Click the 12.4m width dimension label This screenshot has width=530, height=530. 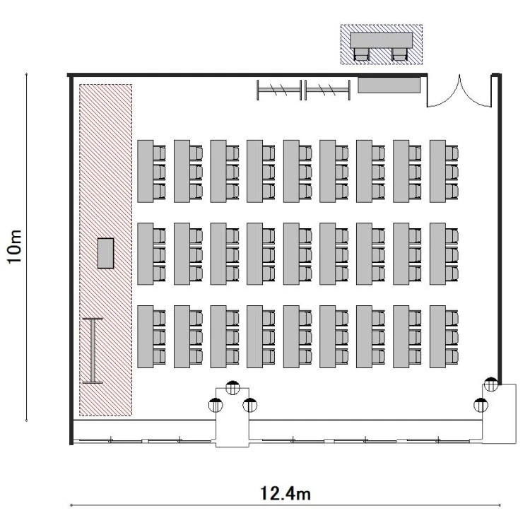point(285,493)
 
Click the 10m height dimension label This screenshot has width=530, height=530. point(15,247)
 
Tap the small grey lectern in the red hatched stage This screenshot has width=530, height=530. point(105,253)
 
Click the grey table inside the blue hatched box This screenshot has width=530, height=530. point(382,40)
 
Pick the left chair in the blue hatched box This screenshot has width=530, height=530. point(361,54)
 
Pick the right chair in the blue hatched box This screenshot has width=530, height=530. point(399,54)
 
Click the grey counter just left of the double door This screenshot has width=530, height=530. point(389,86)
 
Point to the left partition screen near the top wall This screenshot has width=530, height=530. point(279,90)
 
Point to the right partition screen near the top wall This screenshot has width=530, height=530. point(327,90)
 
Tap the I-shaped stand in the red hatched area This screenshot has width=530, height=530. point(93,351)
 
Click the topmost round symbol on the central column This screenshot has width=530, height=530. point(232,387)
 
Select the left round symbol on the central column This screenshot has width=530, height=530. point(216,405)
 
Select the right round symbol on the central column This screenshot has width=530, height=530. point(249,405)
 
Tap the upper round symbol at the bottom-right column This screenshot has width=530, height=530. point(491,384)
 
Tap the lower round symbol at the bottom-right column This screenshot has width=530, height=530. point(481,405)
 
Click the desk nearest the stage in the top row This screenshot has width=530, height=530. point(146,172)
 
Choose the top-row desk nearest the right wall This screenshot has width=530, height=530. point(437,172)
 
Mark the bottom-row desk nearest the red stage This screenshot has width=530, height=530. point(146,336)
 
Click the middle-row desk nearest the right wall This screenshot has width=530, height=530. point(437,254)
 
